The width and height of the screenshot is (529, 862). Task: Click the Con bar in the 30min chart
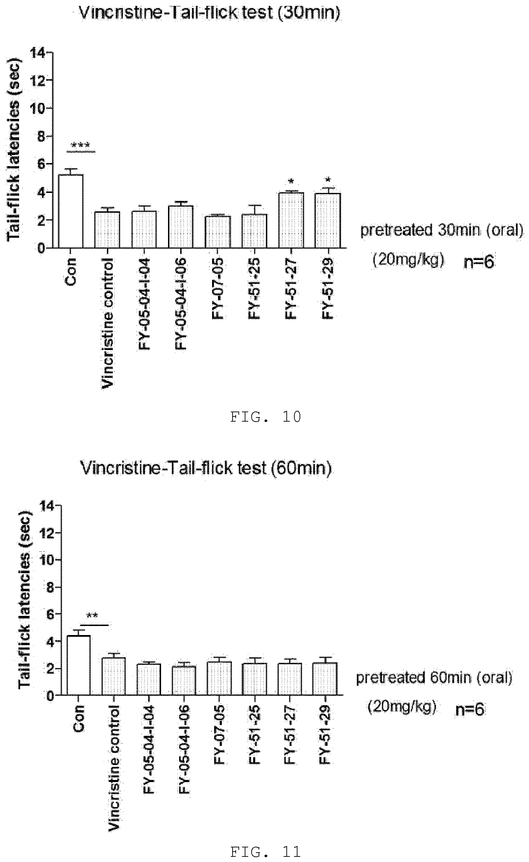point(70,211)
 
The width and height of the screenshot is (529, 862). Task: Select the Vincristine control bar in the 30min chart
point(107,230)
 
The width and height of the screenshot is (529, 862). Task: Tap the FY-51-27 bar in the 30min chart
point(291,220)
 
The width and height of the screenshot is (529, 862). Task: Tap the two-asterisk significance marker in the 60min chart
point(92,616)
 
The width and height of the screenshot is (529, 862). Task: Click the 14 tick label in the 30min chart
point(37,53)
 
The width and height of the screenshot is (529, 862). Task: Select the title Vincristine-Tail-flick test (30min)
point(210,13)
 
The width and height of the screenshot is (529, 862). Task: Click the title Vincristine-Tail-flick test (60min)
point(206,468)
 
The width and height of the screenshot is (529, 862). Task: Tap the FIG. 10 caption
point(266,417)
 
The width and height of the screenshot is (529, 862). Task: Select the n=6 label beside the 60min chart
point(470,709)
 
